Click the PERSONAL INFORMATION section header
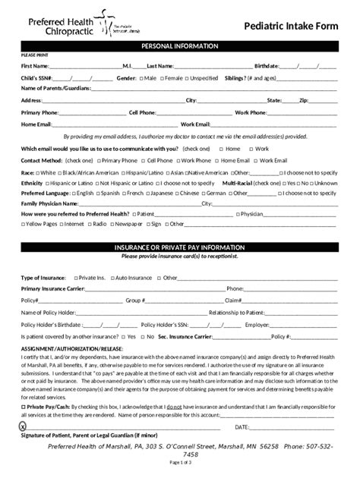[180, 46]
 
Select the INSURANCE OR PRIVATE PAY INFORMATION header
[180, 247]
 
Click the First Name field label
[34, 66]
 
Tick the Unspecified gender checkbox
[187, 77]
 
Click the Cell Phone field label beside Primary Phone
[143, 112]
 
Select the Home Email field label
[36, 124]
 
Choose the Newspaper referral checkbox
[112, 224]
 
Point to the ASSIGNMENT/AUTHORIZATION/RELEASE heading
[71, 349]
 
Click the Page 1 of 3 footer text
[180, 462]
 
